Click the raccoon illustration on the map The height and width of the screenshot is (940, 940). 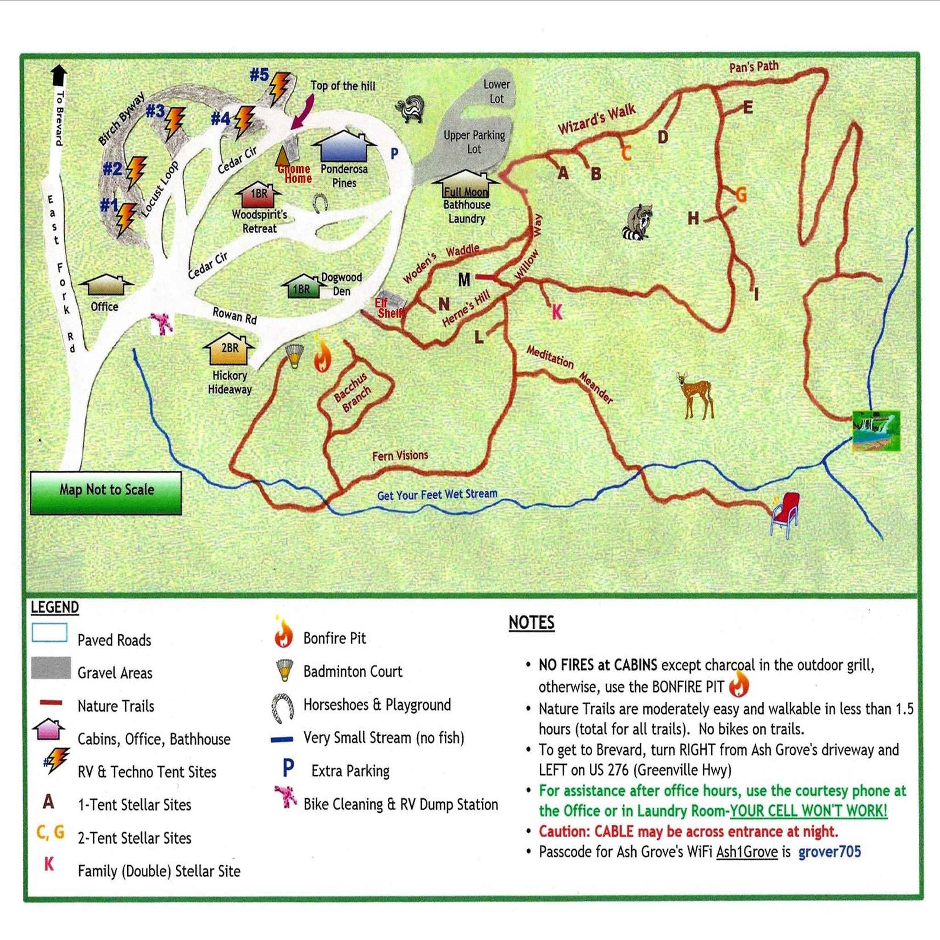tap(638, 222)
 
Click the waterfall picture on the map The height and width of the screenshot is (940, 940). tap(876, 431)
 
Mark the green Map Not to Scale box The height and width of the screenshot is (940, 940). tap(106, 492)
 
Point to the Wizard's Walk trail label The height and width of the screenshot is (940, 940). tap(597, 119)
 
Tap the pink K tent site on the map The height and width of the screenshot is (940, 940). tap(557, 312)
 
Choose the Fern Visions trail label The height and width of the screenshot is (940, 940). tap(400, 455)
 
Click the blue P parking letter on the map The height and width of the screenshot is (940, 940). tap(394, 154)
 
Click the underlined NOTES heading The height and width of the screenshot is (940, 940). tap(532, 623)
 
